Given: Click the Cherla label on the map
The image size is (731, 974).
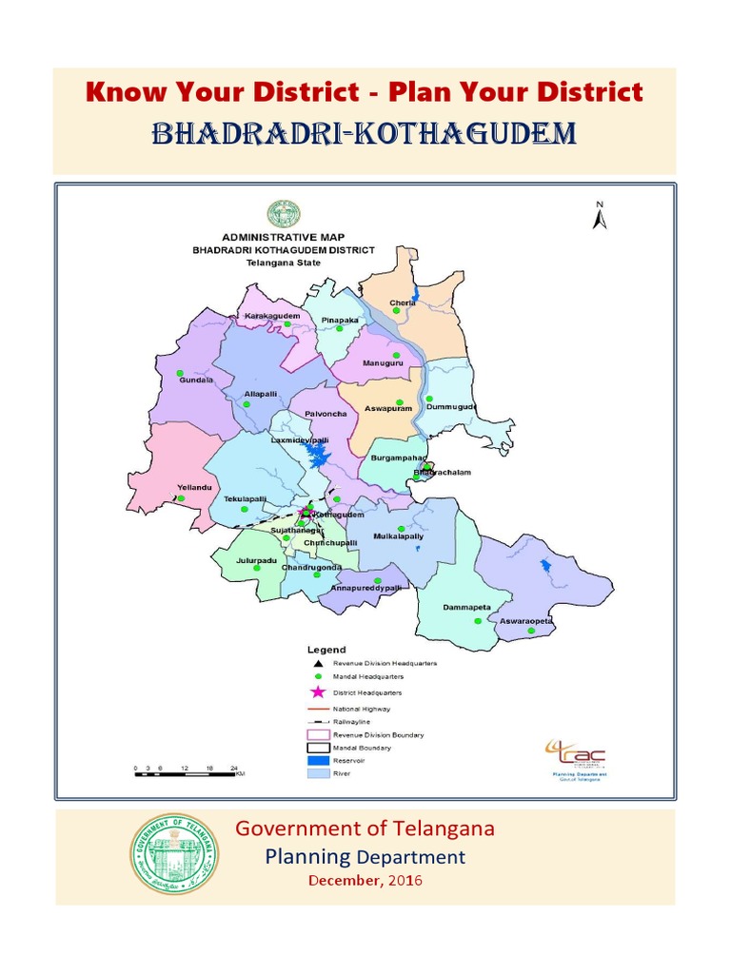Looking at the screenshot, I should [x=403, y=303].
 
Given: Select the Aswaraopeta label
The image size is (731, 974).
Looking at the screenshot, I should [x=526, y=621].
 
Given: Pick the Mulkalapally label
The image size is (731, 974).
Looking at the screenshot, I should [x=397, y=536].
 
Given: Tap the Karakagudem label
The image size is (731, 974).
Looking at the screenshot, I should [x=272, y=315].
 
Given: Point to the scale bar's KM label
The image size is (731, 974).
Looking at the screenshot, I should [x=240, y=774].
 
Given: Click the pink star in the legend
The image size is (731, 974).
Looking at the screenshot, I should [x=318, y=692].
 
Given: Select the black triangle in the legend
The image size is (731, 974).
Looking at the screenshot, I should [x=318, y=662].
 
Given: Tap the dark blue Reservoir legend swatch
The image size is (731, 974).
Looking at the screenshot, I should [x=318, y=761].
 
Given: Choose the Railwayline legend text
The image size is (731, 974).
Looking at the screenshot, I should [x=352, y=722].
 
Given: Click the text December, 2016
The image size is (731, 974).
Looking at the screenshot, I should [x=365, y=880].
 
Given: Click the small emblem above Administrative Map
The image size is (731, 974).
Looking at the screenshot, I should [x=284, y=214].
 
